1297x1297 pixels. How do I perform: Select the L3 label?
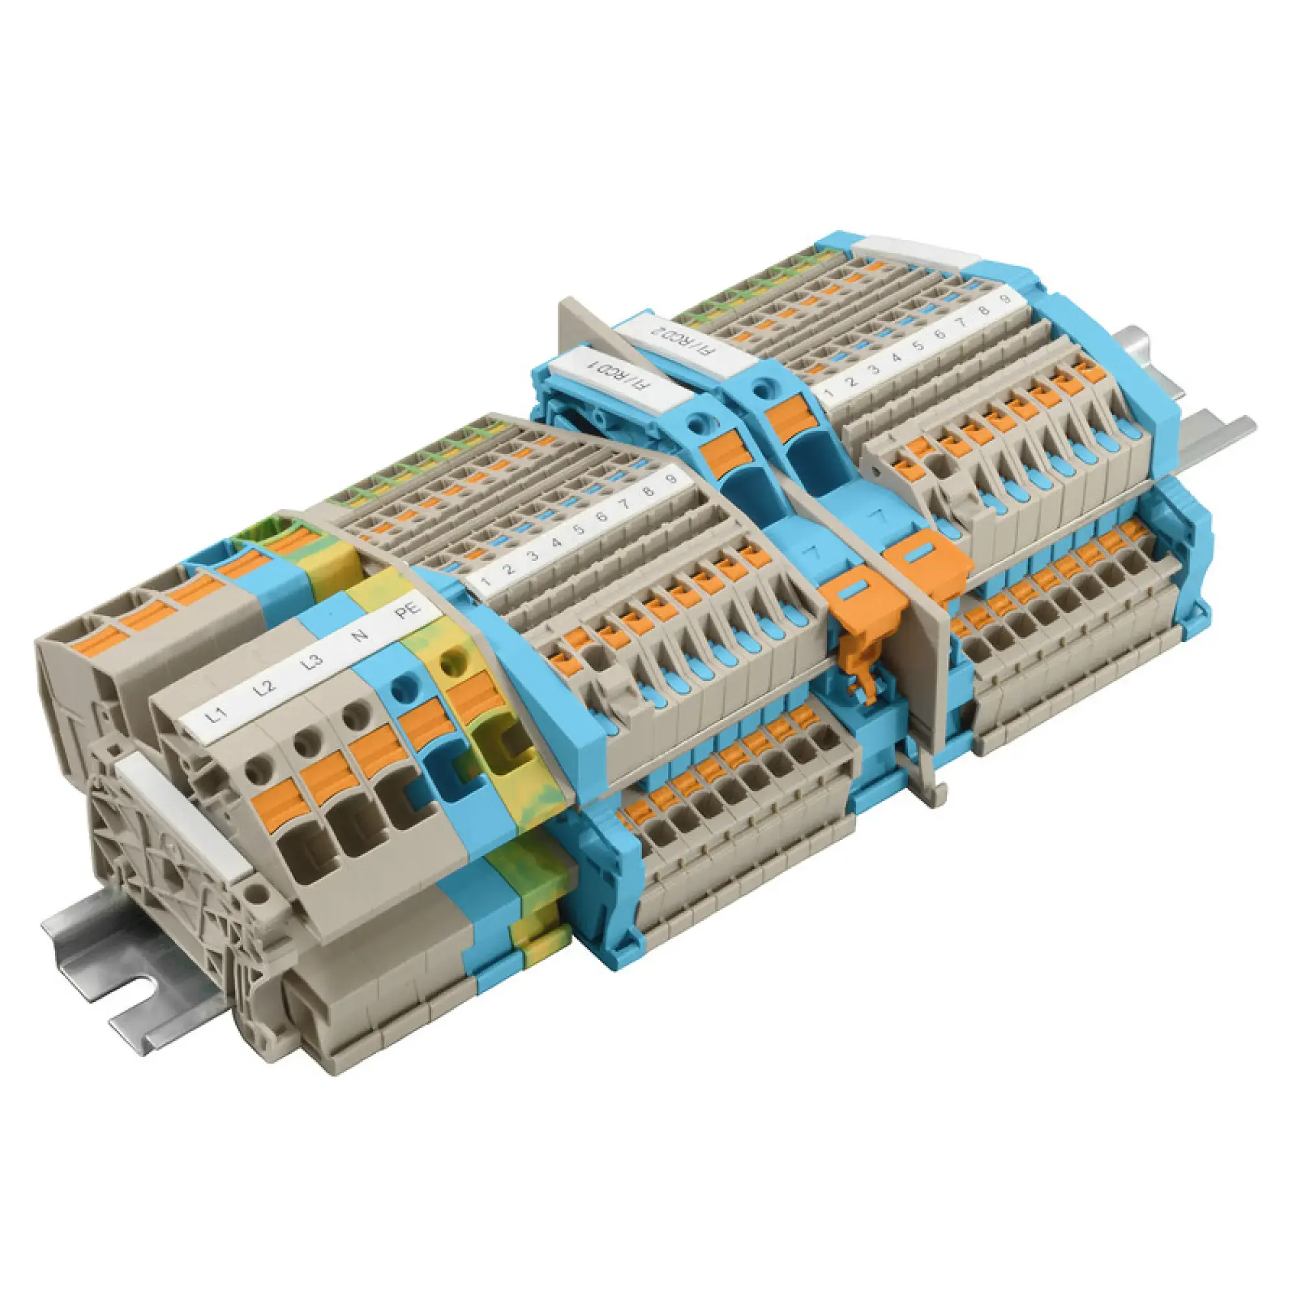point(311,662)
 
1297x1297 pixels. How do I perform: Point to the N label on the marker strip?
point(361,634)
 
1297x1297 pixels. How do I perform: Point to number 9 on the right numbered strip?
point(1005,297)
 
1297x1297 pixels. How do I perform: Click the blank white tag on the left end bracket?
point(183,816)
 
